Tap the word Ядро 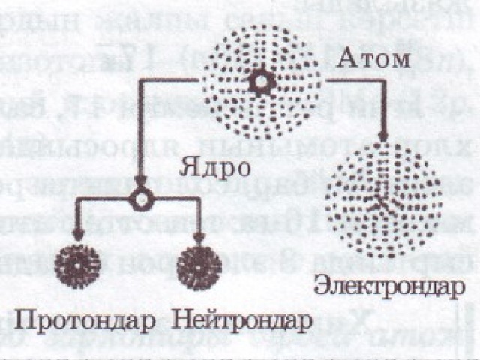click(214, 168)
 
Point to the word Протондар click(85, 320)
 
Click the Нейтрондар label click(242, 320)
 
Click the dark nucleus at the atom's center click(262, 81)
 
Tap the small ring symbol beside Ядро click(142, 199)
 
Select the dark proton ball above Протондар click(77, 266)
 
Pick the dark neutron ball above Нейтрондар click(199, 267)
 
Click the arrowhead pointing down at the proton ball click(78, 235)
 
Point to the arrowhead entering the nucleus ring click(141, 181)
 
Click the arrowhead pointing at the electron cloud click(383, 136)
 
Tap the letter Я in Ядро click(188, 167)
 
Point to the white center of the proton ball click(77, 265)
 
